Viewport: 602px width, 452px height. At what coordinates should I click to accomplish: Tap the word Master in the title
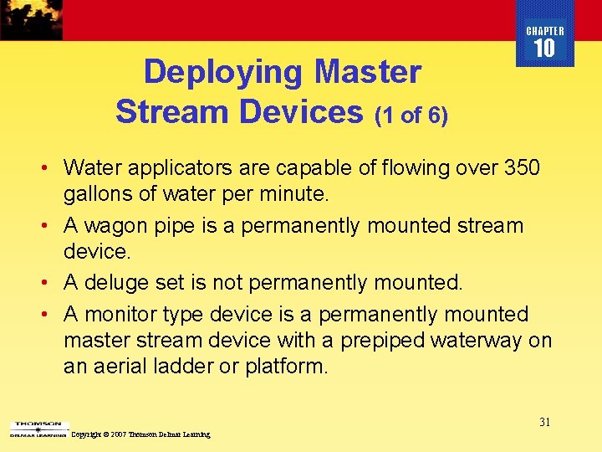click(368, 73)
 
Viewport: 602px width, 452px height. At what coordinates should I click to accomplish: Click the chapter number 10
click(544, 49)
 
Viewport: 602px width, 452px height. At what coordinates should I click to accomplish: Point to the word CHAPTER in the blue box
click(545, 31)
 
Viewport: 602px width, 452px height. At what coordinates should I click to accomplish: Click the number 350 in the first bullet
click(522, 168)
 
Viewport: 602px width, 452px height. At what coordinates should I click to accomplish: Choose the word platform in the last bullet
click(286, 367)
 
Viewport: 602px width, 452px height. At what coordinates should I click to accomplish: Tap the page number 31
click(544, 422)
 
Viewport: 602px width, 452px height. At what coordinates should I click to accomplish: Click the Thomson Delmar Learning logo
click(37, 429)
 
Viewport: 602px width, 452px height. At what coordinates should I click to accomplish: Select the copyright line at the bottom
click(141, 435)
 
